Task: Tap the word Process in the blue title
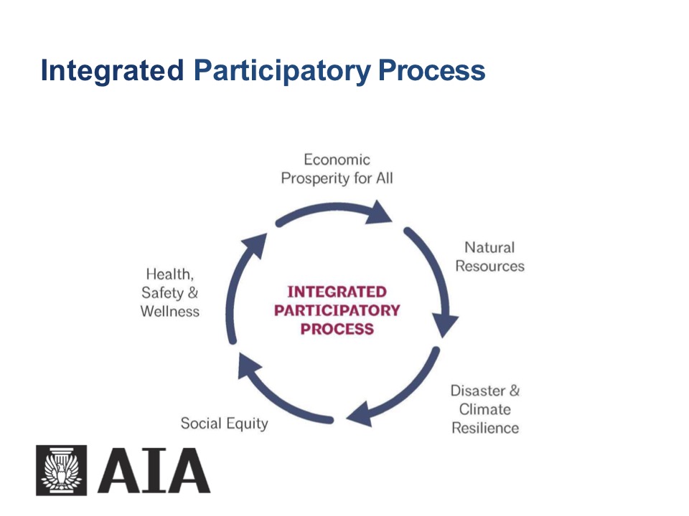pos(431,72)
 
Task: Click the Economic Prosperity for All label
pos(337,168)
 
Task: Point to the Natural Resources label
pos(489,257)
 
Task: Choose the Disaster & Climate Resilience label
pos(484,409)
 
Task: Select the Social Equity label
pos(224,423)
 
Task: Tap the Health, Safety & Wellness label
pos(170,292)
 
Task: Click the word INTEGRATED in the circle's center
pos(337,292)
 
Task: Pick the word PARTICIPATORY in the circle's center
pos(337,310)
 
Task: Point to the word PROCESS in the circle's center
pos(337,329)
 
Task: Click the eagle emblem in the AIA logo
pos(61,470)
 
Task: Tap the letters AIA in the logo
pos(154,471)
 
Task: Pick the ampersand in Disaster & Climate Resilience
pos(514,391)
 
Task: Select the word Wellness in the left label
pos(170,311)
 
